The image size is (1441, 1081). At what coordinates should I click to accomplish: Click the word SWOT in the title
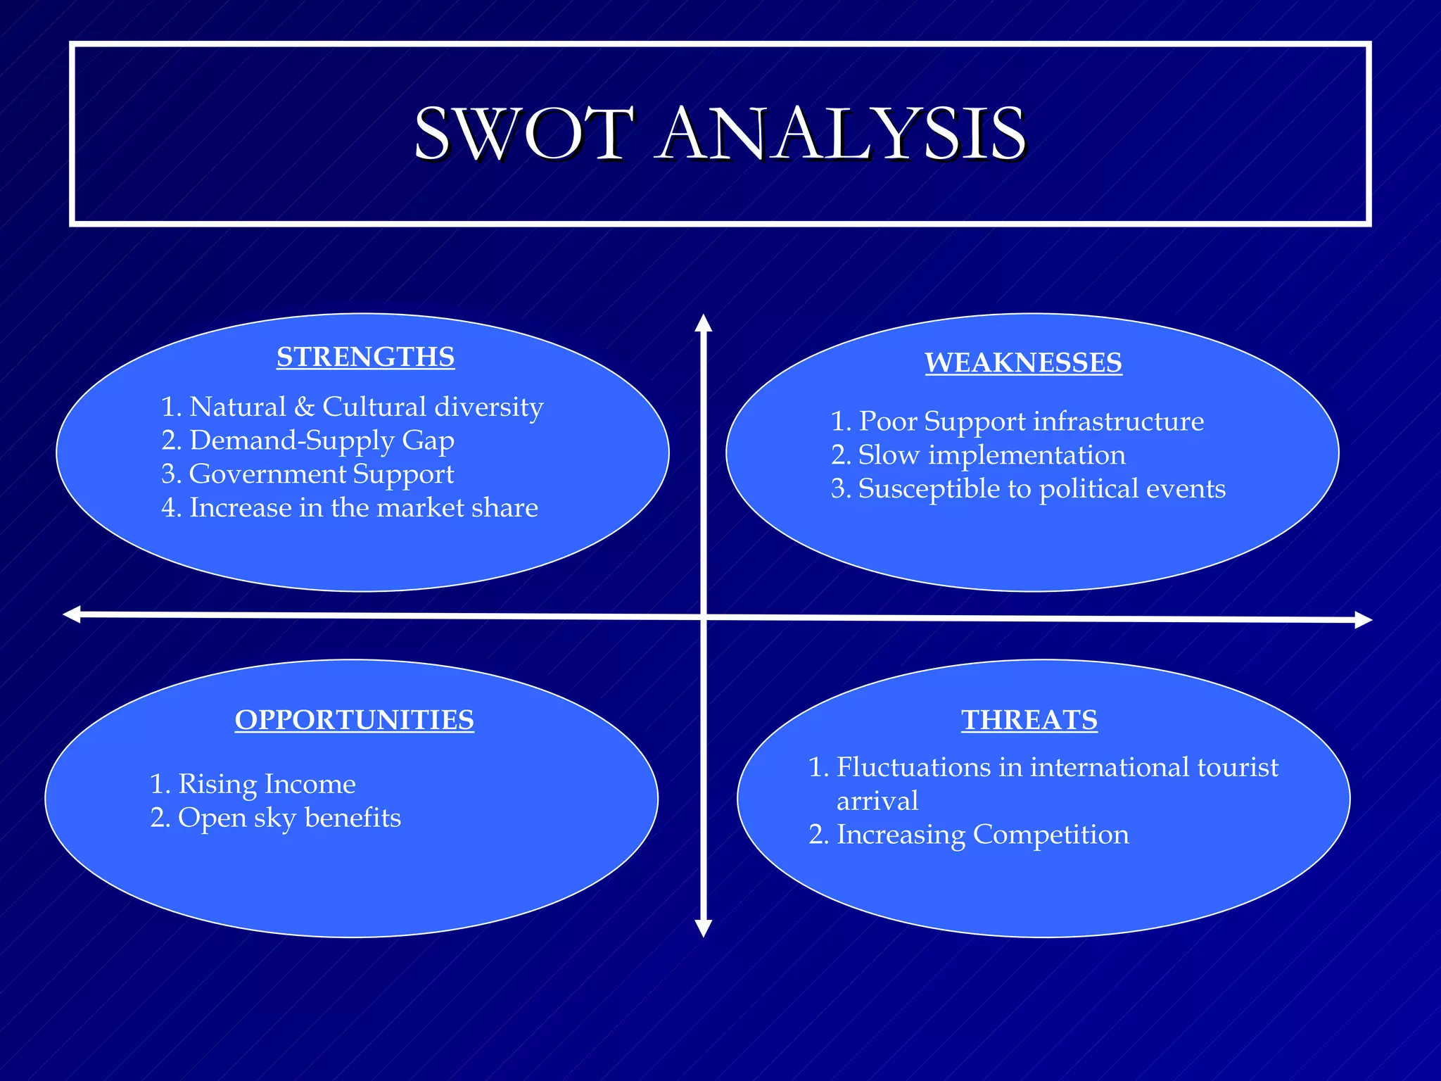(524, 134)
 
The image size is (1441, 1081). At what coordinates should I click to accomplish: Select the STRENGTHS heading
(365, 357)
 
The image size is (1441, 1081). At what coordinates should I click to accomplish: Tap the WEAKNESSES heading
(1023, 362)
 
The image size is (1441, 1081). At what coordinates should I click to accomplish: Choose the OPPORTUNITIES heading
(354, 719)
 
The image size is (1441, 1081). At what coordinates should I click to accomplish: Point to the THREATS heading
(1029, 719)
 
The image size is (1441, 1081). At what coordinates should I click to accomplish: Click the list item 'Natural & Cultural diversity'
(366, 407)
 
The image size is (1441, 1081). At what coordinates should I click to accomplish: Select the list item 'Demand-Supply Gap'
(322, 441)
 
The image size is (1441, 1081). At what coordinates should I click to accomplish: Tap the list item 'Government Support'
(322, 474)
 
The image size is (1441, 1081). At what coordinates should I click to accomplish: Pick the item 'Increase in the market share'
(363, 507)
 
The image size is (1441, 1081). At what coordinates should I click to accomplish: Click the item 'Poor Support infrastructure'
(1031, 422)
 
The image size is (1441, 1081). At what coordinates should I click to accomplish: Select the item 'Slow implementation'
(991, 455)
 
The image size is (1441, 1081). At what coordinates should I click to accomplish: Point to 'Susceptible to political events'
(1041, 489)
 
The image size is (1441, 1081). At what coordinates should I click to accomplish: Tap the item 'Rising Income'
(267, 784)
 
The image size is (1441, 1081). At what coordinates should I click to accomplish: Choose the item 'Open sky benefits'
(289, 818)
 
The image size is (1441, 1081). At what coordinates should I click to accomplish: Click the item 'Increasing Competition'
(982, 835)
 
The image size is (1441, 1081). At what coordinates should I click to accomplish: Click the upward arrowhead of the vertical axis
(704, 323)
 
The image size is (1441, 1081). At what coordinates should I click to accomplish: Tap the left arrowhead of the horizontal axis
(72, 614)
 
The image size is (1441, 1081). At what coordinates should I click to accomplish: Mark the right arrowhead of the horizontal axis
(1363, 619)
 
